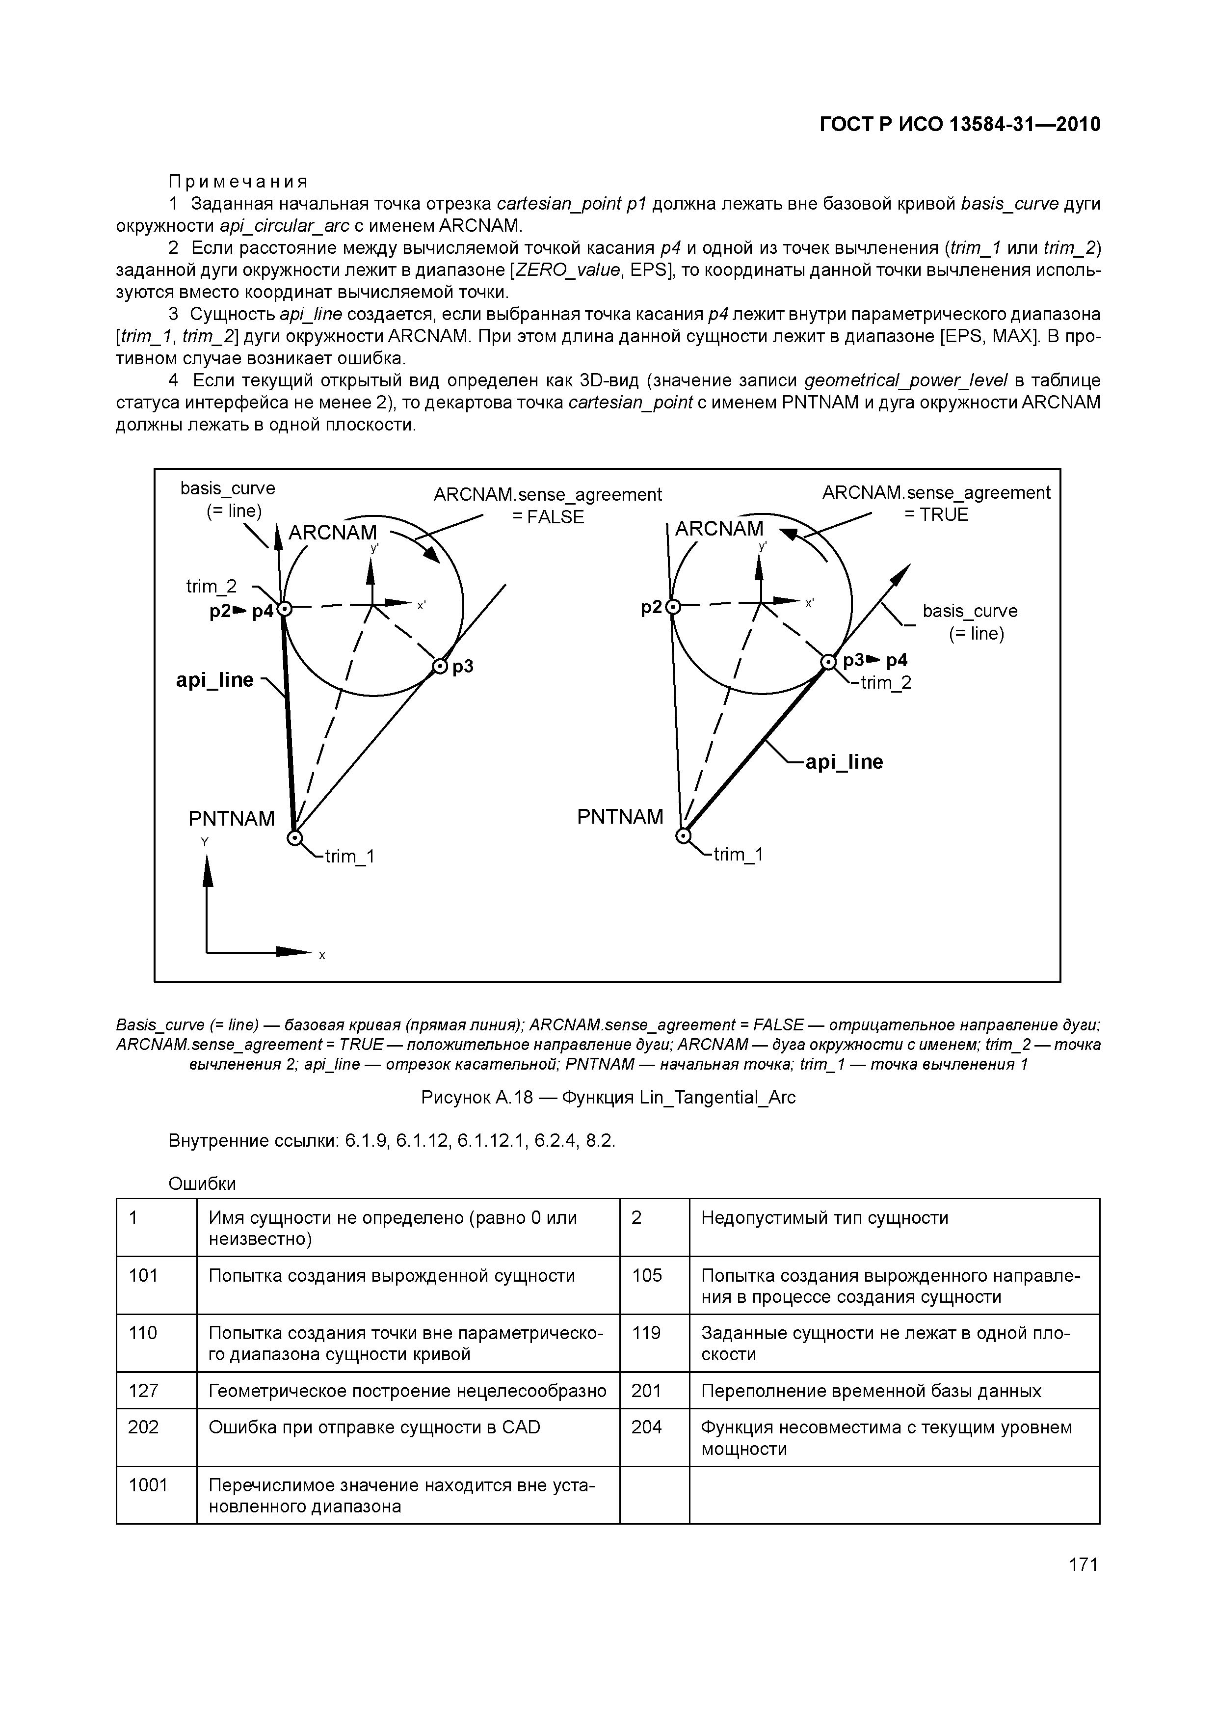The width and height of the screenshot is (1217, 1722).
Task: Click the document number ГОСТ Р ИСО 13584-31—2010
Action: (960, 125)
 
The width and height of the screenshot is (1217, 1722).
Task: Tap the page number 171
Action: (1083, 1564)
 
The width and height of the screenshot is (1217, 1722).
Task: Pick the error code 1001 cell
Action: (148, 1485)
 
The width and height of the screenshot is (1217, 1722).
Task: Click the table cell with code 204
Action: (646, 1426)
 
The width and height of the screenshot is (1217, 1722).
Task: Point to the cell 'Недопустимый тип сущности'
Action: (824, 1217)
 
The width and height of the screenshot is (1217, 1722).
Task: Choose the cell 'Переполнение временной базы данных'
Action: (871, 1391)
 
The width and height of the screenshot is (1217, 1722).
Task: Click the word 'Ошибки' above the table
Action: (202, 1184)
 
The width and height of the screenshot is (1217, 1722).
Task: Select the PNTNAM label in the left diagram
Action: (231, 818)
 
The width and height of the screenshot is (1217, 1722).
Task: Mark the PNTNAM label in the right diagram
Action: (620, 816)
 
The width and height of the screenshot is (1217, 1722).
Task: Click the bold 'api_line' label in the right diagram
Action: (844, 762)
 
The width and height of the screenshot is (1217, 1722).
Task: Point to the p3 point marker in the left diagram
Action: (439, 666)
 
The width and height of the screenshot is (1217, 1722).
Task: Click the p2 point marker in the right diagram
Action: (673, 607)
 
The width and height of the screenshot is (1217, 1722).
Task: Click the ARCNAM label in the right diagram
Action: (718, 529)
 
